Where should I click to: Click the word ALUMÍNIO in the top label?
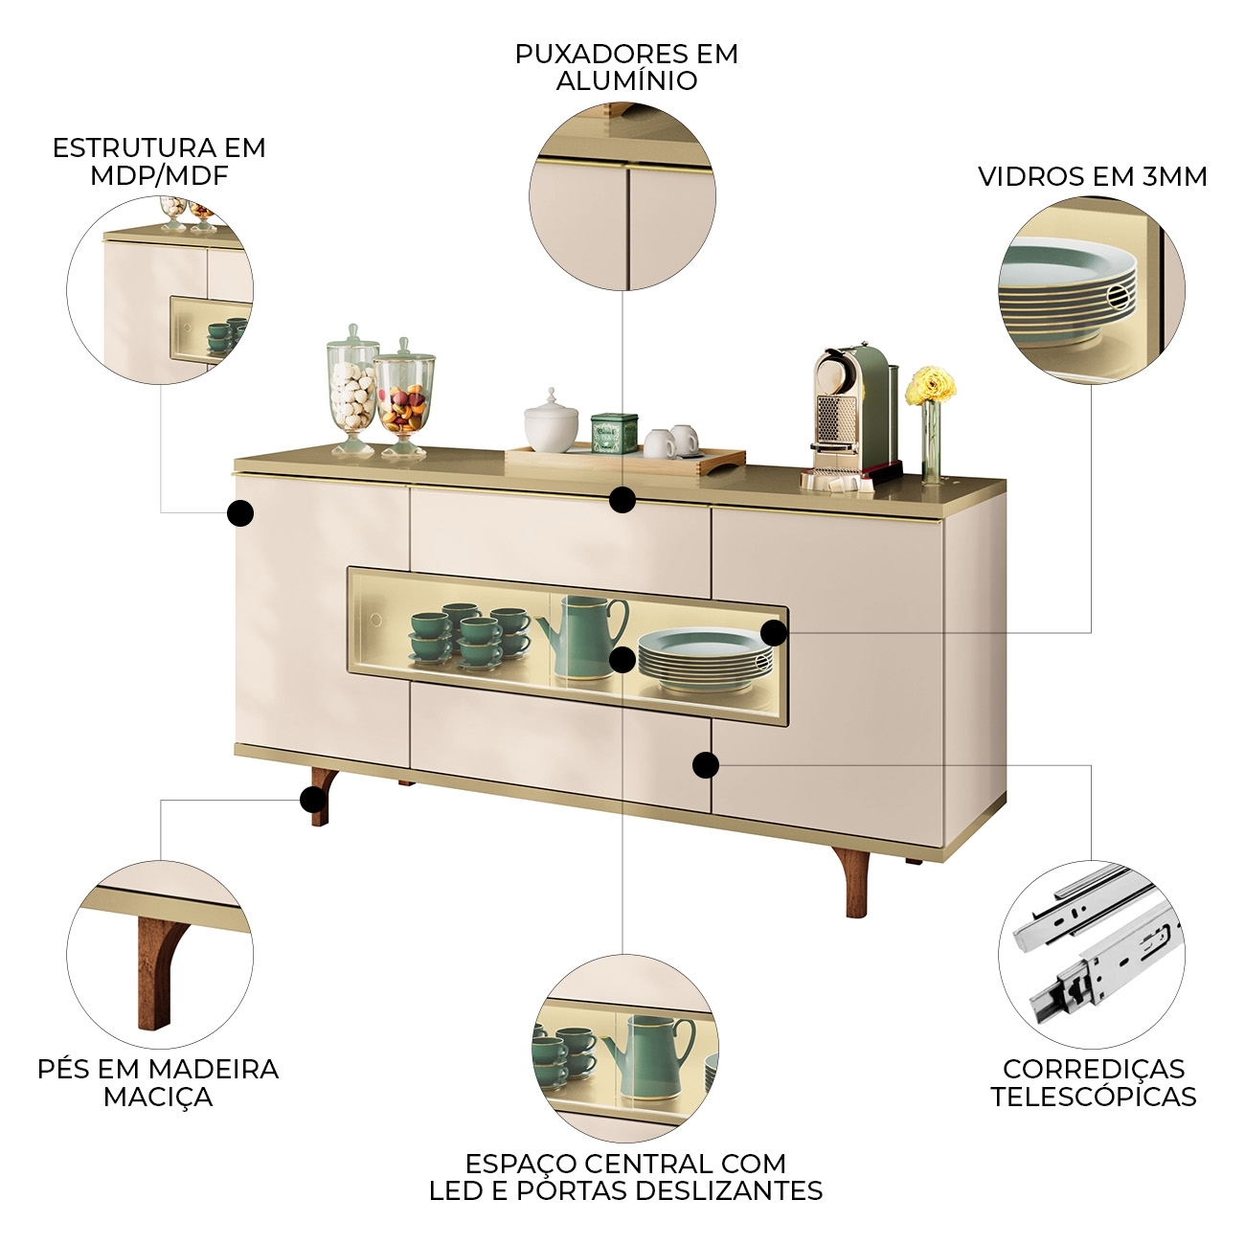(626, 81)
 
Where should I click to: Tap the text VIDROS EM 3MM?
(1093, 177)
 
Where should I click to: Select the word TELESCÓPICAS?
(1094, 1098)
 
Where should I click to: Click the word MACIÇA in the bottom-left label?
(158, 1098)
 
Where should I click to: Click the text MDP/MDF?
(159, 175)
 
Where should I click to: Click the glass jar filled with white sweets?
(352, 390)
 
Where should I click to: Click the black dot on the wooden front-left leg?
(313, 800)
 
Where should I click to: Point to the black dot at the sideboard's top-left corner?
(240, 513)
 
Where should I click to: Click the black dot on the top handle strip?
(622, 499)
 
